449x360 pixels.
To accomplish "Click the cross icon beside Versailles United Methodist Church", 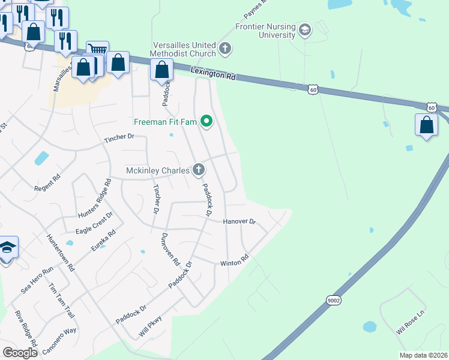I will pyautogui.click(x=225, y=48).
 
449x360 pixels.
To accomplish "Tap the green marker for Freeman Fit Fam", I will pyautogui.click(x=207, y=122).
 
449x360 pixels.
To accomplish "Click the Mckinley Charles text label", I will pyautogui.click(x=158, y=170).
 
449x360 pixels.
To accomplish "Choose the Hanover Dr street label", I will pyautogui.click(x=240, y=221).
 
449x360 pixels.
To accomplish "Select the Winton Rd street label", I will pyautogui.click(x=234, y=262).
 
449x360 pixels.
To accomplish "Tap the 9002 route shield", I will pyautogui.click(x=334, y=299).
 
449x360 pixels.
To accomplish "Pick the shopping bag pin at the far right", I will pyautogui.click(x=426, y=125).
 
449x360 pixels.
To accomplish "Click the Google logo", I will pyautogui.click(x=19, y=352).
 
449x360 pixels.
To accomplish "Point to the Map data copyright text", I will pyautogui.click(x=423, y=355).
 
